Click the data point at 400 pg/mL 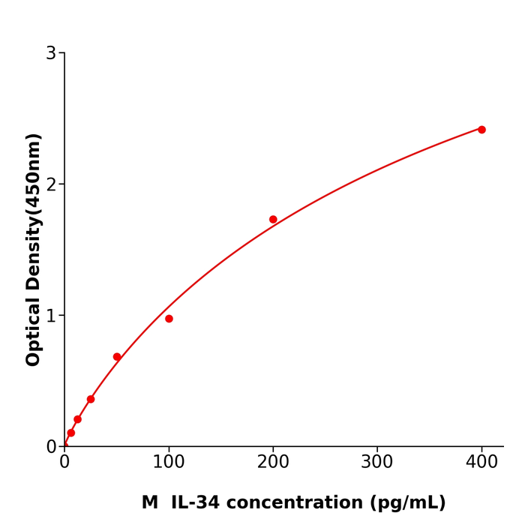pyautogui.click(x=481, y=130)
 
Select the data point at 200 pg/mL pyautogui.click(x=273, y=220)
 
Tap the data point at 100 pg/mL pyautogui.click(x=169, y=319)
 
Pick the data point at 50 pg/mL pyautogui.click(x=117, y=357)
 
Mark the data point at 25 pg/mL pyautogui.click(x=91, y=399)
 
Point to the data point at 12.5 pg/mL pyautogui.click(x=77, y=419)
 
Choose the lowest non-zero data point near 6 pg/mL pyautogui.click(x=71, y=433)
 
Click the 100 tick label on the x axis pyautogui.click(x=169, y=463)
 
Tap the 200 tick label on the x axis pyautogui.click(x=273, y=463)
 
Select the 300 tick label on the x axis pyautogui.click(x=377, y=463)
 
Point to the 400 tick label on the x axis pyautogui.click(x=481, y=463)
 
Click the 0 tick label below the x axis pyautogui.click(x=64, y=463)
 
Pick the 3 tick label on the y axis pyautogui.click(x=51, y=53)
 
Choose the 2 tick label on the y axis pyautogui.click(x=51, y=184)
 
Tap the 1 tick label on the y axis pyautogui.click(x=51, y=316)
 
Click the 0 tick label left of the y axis pyautogui.click(x=51, y=447)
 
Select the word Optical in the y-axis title pyautogui.click(x=34, y=330)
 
